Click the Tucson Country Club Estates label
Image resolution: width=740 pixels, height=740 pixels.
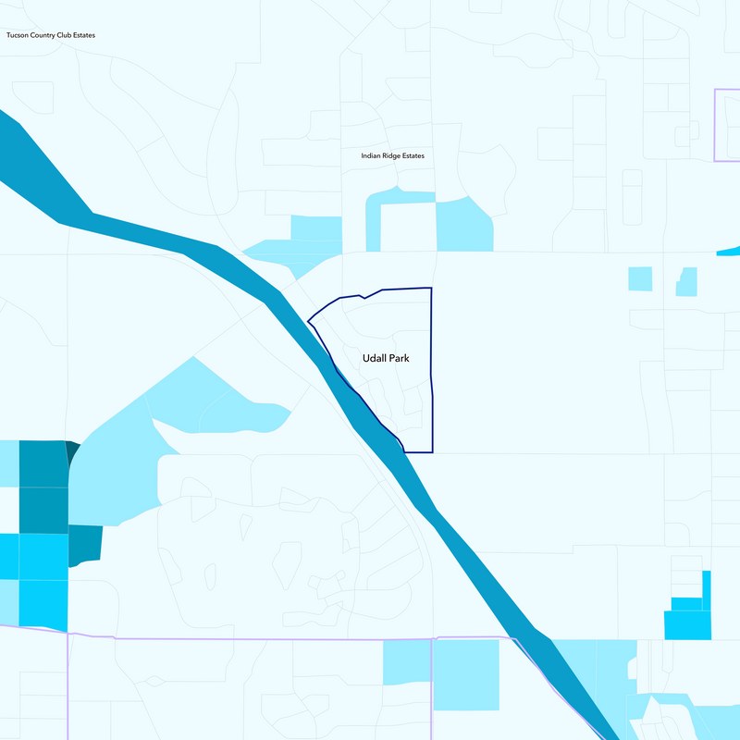click(50, 35)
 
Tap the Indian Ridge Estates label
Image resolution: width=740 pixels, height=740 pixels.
click(392, 156)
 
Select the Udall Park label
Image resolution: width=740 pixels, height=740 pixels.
click(385, 358)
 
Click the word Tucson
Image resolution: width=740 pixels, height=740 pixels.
click(18, 35)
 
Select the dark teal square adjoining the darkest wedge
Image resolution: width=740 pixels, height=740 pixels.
click(42, 462)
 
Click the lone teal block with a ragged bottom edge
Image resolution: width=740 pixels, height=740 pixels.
click(84, 543)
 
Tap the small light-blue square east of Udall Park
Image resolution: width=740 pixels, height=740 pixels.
click(639, 277)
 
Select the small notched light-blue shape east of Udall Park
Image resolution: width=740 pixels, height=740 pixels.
click(685, 282)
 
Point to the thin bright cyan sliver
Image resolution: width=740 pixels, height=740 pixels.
click(730, 251)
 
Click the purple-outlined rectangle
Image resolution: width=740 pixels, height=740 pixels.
click(728, 125)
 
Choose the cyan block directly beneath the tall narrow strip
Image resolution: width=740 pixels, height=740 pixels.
click(687, 624)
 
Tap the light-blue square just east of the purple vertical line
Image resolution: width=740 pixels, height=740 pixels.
click(465, 674)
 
